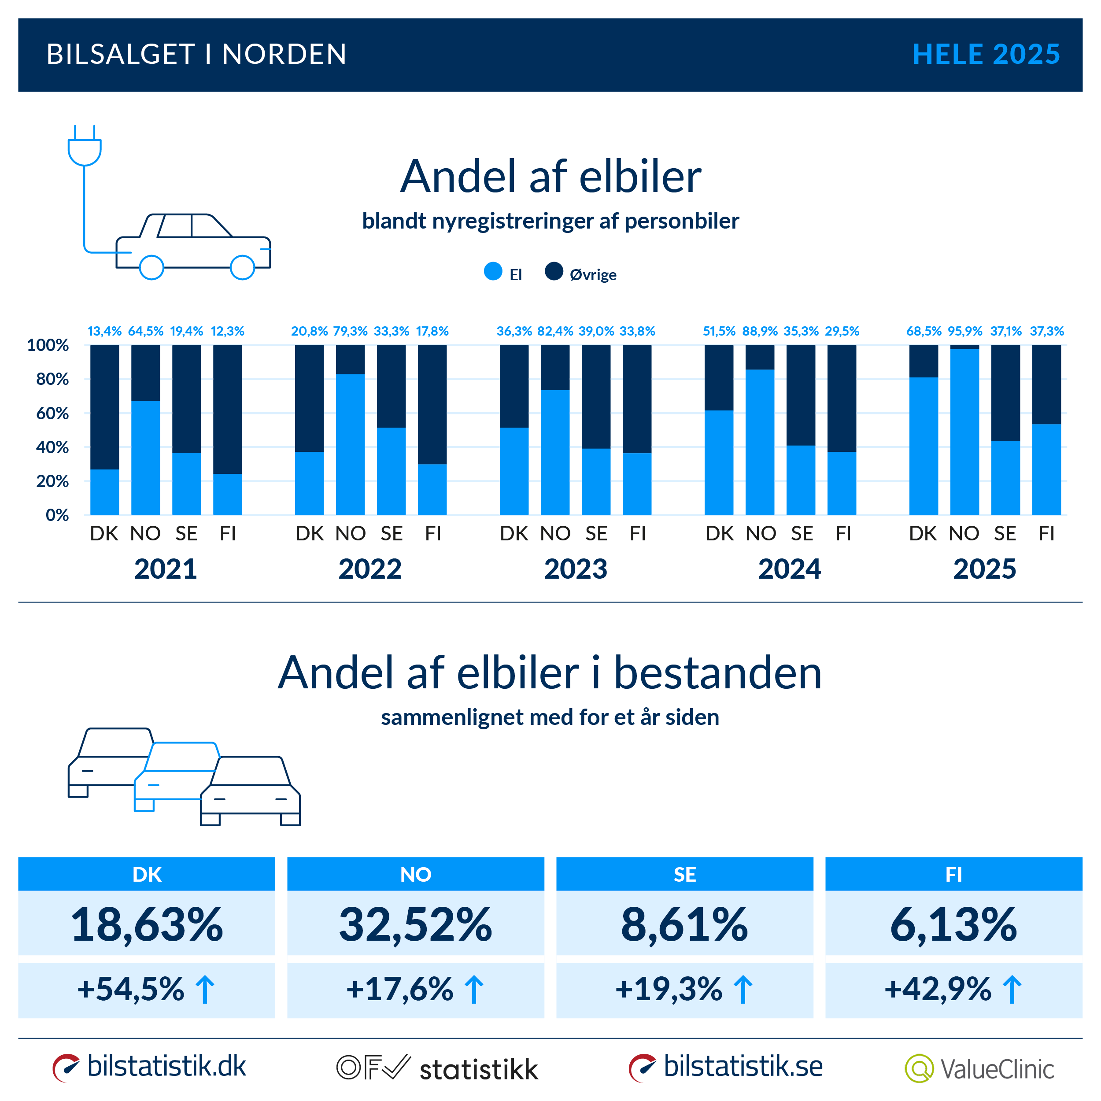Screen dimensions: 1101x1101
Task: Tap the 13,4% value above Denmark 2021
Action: coord(104,331)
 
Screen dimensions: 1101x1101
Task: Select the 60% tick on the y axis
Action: coord(52,413)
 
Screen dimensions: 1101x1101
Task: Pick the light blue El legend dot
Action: coord(493,271)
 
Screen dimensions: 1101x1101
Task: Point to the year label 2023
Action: coord(576,569)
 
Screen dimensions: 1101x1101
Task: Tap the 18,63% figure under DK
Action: coord(147,924)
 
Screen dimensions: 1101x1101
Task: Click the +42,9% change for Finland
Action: coord(938,989)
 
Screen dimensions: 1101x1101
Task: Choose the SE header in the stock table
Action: coord(684,874)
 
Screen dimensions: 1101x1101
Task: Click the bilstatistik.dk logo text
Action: coord(166,1066)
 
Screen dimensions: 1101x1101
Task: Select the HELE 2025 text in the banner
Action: coord(986,55)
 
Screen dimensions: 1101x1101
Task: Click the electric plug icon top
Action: coord(85,147)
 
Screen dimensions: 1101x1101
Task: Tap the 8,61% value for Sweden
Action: coord(684,924)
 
